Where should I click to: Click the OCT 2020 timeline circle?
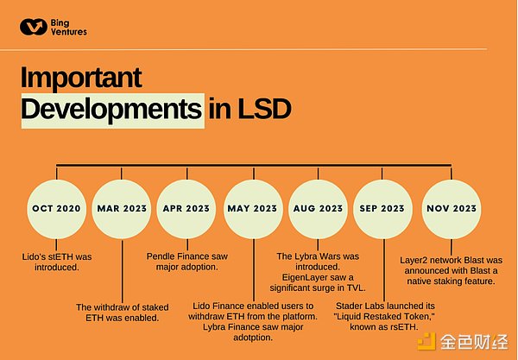click(x=56, y=209)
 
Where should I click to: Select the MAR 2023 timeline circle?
click(x=121, y=209)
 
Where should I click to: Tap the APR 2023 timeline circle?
click(x=186, y=209)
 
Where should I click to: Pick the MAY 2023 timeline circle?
click(x=251, y=209)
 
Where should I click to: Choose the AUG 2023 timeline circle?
click(x=317, y=209)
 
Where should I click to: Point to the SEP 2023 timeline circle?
click(x=382, y=209)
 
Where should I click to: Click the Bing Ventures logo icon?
click(x=33, y=28)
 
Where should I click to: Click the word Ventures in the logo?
click(x=69, y=33)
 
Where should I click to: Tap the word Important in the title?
click(x=81, y=78)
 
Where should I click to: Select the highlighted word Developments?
click(x=112, y=109)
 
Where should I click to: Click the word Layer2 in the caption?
click(x=416, y=261)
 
